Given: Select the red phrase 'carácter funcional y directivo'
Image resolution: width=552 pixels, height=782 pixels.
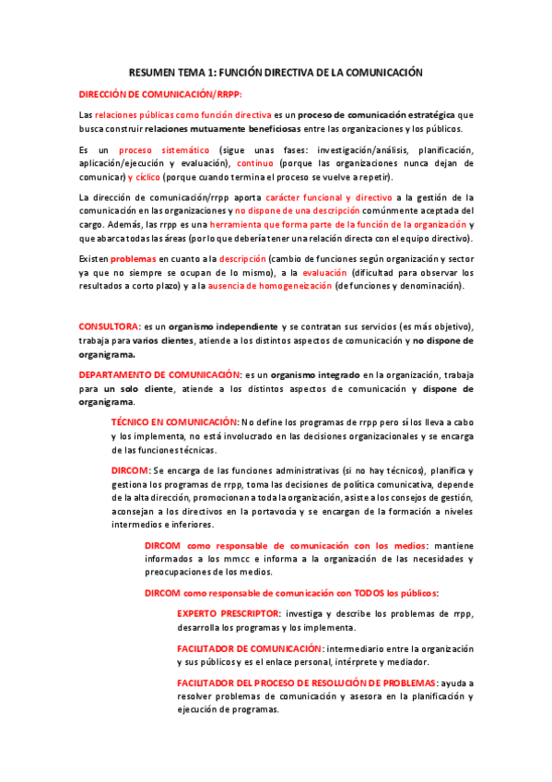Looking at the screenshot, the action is pos(327,197).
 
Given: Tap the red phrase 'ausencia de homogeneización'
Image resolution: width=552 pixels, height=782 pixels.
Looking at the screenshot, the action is pos(271,287).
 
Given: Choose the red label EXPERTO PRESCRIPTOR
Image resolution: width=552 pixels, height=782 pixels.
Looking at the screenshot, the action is pos(229,613).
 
